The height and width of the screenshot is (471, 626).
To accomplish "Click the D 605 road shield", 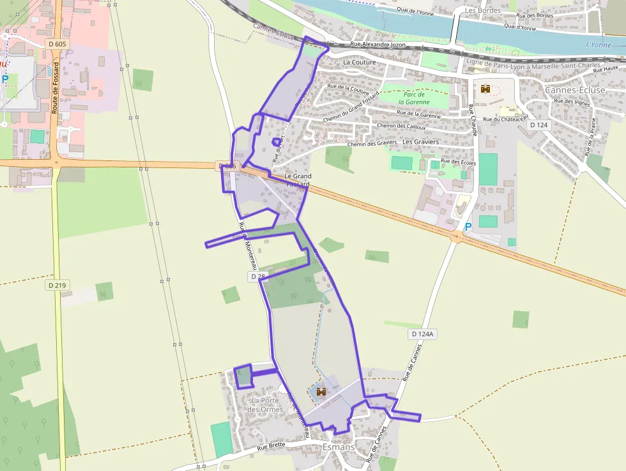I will click(x=57, y=43).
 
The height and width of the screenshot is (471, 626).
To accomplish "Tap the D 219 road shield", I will click(x=57, y=285).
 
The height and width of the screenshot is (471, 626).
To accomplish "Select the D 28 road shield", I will click(x=257, y=276).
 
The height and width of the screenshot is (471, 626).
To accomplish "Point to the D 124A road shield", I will click(x=422, y=334).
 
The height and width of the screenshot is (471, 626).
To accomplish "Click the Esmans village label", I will click(x=339, y=447).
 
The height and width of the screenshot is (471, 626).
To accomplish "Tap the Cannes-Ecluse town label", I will click(x=574, y=90).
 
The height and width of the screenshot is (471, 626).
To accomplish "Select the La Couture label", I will click(x=360, y=63).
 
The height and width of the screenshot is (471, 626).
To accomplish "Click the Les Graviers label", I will click(x=422, y=142).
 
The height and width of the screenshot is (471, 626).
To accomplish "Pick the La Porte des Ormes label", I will click(x=266, y=405).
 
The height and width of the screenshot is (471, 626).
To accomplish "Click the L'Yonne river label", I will click(x=598, y=45).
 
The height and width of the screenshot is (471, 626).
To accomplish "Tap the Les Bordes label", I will click(x=480, y=10).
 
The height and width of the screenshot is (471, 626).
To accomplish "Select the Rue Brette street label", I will click(x=271, y=447).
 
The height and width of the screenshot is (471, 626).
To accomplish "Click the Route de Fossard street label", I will click(x=56, y=88).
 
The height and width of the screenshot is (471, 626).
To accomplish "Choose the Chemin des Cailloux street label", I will click(x=401, y=126).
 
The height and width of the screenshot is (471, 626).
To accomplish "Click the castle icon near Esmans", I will click(x=321, y=392).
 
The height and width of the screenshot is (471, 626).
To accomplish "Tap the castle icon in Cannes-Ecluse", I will click(x=485, y=89).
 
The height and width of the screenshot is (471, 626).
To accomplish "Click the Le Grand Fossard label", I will click(x=298, y=180).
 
